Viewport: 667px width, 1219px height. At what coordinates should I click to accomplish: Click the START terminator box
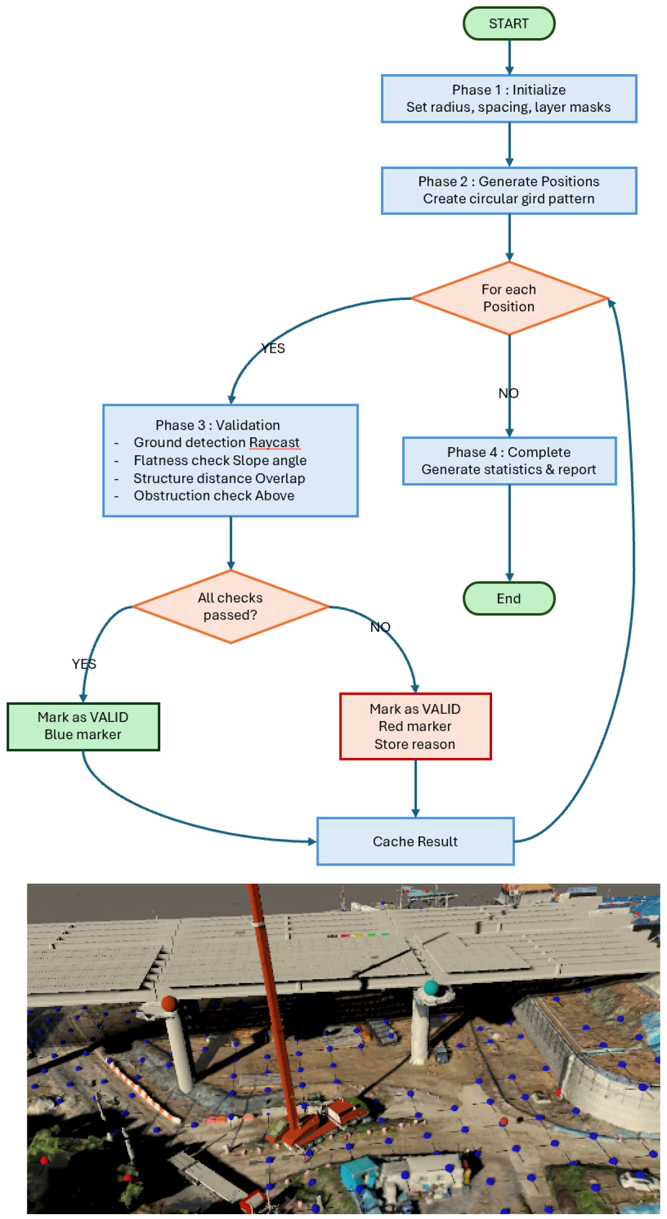pos(508,23)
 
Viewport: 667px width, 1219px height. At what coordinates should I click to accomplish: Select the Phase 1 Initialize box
pos(508,99)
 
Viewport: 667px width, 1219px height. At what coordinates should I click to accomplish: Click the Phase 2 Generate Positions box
pos(508,190)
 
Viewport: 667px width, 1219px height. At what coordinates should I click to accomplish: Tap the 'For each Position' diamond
pos(508,298)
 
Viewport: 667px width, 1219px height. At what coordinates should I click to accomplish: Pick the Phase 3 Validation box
pos(230,460)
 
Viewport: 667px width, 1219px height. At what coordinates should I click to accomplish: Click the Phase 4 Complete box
pos(509,461)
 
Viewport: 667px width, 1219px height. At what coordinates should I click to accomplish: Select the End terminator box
pos(508,598)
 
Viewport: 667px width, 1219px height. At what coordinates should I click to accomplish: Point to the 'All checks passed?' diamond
pos(230,606)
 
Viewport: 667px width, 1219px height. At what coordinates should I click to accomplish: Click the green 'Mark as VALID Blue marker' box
pos(83,726)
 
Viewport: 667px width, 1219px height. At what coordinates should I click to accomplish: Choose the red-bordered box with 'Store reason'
pos(415,726)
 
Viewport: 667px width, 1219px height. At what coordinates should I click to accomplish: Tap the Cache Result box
pos(415,841)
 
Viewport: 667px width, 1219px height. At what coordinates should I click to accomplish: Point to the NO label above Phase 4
pos(508,393)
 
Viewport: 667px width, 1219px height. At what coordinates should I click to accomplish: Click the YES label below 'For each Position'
pos(273,348)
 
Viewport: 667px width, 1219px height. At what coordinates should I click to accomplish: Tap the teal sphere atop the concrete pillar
pos(430,987)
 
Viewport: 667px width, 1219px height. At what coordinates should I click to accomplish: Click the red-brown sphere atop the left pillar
pos(168,1003)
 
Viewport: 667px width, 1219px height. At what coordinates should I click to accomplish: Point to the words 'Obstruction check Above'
pos(214,496)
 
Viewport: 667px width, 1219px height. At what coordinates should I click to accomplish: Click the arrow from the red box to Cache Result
pos(415,788)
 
